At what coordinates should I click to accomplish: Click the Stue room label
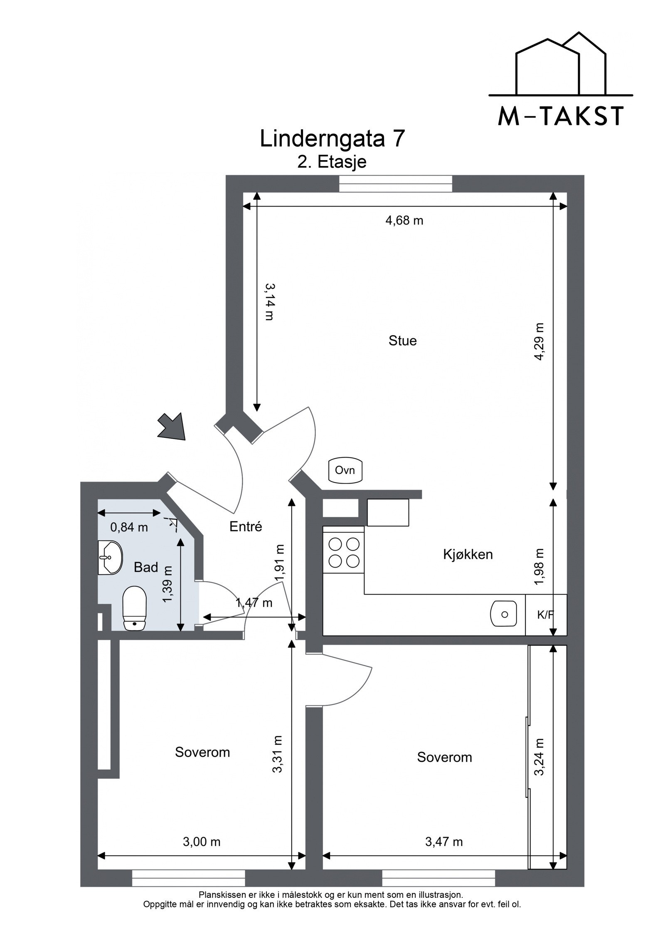402,341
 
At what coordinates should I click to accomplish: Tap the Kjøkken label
468,554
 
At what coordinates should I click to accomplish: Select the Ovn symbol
345,471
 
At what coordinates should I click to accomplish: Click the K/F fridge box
546,615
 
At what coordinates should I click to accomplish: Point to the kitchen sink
504,614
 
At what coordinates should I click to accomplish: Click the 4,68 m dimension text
404,220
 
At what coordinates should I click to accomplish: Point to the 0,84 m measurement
129,527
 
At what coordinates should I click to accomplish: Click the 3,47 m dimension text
443,842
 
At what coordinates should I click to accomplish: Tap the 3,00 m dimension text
201,842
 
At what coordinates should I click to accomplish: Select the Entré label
246,527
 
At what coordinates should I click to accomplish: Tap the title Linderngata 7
332,139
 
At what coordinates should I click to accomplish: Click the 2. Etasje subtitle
332,162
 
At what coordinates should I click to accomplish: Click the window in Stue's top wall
395,184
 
